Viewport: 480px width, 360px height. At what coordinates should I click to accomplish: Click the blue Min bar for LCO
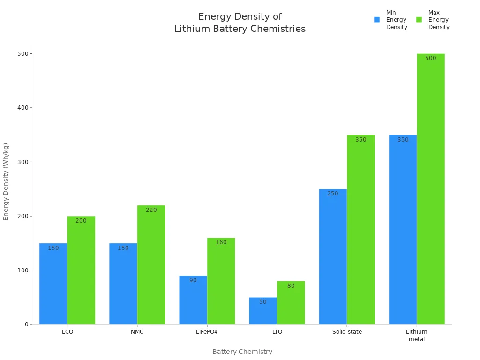coord(53,284)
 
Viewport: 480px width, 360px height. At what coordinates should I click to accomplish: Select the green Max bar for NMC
coord(151,265)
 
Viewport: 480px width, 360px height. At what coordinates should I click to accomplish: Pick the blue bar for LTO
coord(263,311)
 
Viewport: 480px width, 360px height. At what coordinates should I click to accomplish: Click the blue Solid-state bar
coord(333,257)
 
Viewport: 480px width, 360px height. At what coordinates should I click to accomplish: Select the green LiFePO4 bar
coord(221,281)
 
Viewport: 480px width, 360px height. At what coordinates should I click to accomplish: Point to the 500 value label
coord(430,58)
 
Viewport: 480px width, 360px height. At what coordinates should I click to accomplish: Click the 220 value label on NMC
coord(151,210)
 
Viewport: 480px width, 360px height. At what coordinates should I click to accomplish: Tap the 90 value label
coord(193,280)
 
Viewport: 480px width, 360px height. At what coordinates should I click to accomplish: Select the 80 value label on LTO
coord(291,286)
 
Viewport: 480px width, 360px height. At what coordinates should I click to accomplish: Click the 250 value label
coord(332,194)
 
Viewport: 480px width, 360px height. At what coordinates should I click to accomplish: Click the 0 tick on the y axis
coord(27,324)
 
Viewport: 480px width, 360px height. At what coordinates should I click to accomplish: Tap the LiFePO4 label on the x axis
coord(207,332)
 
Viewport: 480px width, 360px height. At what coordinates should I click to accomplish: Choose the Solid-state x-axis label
coord(347,332)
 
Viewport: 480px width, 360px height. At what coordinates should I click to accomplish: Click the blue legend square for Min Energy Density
coord(376,20)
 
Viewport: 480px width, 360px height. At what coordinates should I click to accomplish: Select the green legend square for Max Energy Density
coord(419,20)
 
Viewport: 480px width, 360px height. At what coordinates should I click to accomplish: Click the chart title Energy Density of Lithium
coord(240,22)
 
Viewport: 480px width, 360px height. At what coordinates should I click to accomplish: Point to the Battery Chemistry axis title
coord(242,352)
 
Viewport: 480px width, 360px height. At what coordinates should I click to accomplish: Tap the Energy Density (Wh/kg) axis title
coord(6,181)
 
